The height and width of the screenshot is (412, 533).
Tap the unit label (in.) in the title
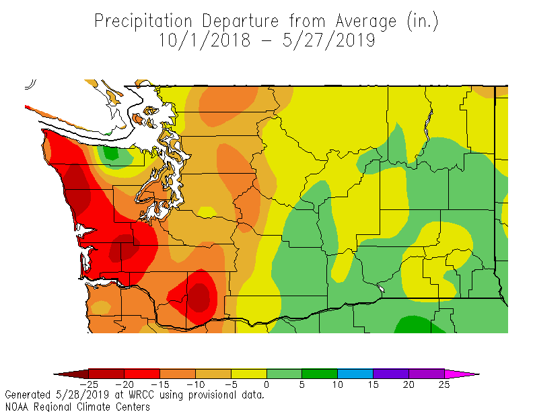423,21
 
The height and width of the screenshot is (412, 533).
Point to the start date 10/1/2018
205,40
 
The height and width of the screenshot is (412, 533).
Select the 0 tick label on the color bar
266,385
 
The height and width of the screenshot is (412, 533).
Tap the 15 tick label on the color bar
373,385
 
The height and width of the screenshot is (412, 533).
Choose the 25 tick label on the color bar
444,385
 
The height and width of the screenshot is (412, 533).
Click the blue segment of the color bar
355,374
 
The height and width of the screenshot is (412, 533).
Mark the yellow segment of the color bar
249,374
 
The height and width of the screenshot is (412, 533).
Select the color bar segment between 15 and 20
391,374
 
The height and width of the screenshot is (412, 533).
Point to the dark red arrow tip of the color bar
64,374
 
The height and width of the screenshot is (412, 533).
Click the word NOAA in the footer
17,407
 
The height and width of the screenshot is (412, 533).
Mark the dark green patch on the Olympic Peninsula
110,154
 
